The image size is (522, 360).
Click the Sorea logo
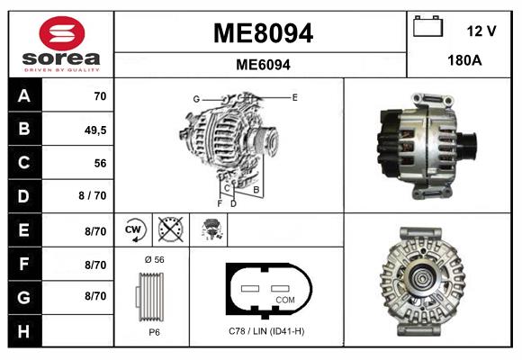pyautogui.click(x=60, y=44)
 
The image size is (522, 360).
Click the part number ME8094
pyautogui.click(x=262, y=34)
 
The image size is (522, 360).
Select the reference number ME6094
pyautogui.click(x=262, y=65)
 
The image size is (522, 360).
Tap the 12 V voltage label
pyautogui.click(x=481, y=31)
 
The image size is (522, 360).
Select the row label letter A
pyautogui.click(x=23, y=95)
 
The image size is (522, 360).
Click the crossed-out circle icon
pyautogui.click(x=170, y=230)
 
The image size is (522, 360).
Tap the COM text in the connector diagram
pyautogui.click(x=285, y=299)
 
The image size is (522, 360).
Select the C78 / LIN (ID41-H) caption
pyautogui.click(x=266, y=331)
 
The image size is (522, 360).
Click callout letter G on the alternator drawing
pyautogui.click(x=195, y=98)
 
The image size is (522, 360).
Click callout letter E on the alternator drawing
pyautogui.click(x=294, y=95)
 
